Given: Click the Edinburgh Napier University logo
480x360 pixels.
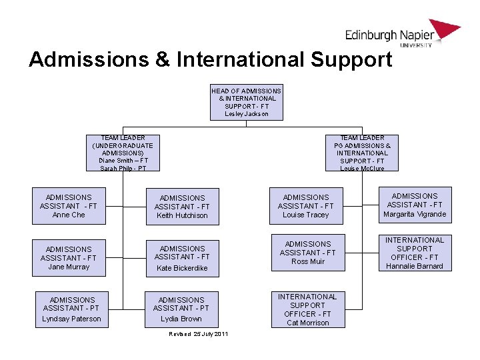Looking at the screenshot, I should [402, 34].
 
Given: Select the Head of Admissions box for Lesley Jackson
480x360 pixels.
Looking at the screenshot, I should [247, 102].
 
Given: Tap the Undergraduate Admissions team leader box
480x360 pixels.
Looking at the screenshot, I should [123, 153].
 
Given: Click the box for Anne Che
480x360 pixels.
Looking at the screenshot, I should [69, 206].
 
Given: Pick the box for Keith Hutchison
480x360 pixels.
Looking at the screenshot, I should [182, 207].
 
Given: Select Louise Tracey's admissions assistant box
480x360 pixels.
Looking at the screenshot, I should [305, 206].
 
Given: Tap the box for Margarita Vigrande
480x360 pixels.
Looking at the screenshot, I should [414, 205].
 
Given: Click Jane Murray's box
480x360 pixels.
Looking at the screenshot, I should [69, 258].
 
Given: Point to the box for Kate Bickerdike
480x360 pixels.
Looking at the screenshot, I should [182, 258].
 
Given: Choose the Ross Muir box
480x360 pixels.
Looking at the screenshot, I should [307, 253].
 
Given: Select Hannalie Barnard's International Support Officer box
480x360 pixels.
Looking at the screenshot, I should [414, 253].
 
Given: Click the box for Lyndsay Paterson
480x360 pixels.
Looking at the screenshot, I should [71, 309].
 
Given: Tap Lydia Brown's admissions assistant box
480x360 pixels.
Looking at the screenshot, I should [181, 309].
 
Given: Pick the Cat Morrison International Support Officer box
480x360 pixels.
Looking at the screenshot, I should [307, 309].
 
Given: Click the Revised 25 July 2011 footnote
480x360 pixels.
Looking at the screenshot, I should [198, 333].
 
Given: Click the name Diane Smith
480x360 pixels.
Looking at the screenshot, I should [116, 160].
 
